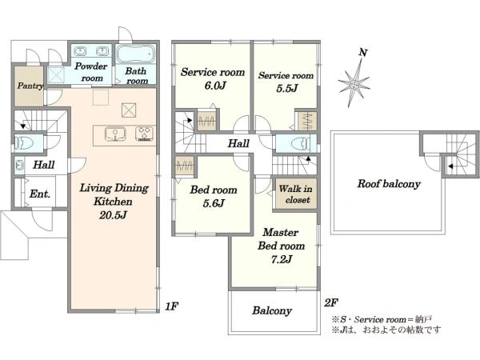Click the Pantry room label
(x=30, y=86)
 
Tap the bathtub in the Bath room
(x=136, y=54)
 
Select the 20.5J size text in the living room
(x=113, y=215)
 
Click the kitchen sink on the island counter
(x=115, y=134)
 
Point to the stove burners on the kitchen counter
(x=145, y=134)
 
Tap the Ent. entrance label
(x=40, y=194)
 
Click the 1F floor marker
(x=172, y=306)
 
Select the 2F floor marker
(x=331, y=302)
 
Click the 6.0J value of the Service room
(x=215, y=86)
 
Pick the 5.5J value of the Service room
(x=287, y=89)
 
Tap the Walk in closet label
(x=295, y=194)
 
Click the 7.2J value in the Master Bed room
(x=282, y=259)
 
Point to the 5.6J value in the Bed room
(x=214, y=202)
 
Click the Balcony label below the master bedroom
(x=272, y=310)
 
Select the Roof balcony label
(x=389, y=184)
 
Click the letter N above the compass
(x=363, y=53)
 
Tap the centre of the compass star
(x=354, y=83)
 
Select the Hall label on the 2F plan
(x=238, y=143)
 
